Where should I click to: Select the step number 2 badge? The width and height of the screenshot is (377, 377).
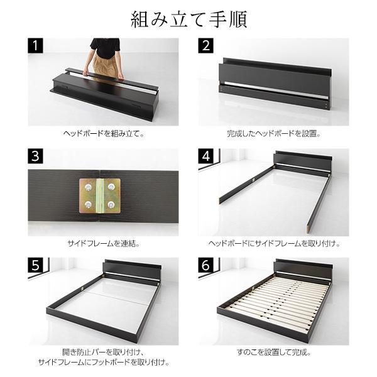(x=207, y=46)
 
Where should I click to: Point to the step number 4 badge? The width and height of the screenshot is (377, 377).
(x=207, y=156)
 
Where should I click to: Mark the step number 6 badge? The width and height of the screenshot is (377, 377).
(x=207, y=266)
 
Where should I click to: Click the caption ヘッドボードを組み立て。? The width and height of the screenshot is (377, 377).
(x=104, y=134)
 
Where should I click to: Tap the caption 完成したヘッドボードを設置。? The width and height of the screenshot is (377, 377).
(x=273, y=134)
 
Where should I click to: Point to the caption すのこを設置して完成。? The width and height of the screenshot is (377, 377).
(x=273, y=352)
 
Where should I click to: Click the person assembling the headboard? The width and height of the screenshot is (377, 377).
(x=105, y=57)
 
